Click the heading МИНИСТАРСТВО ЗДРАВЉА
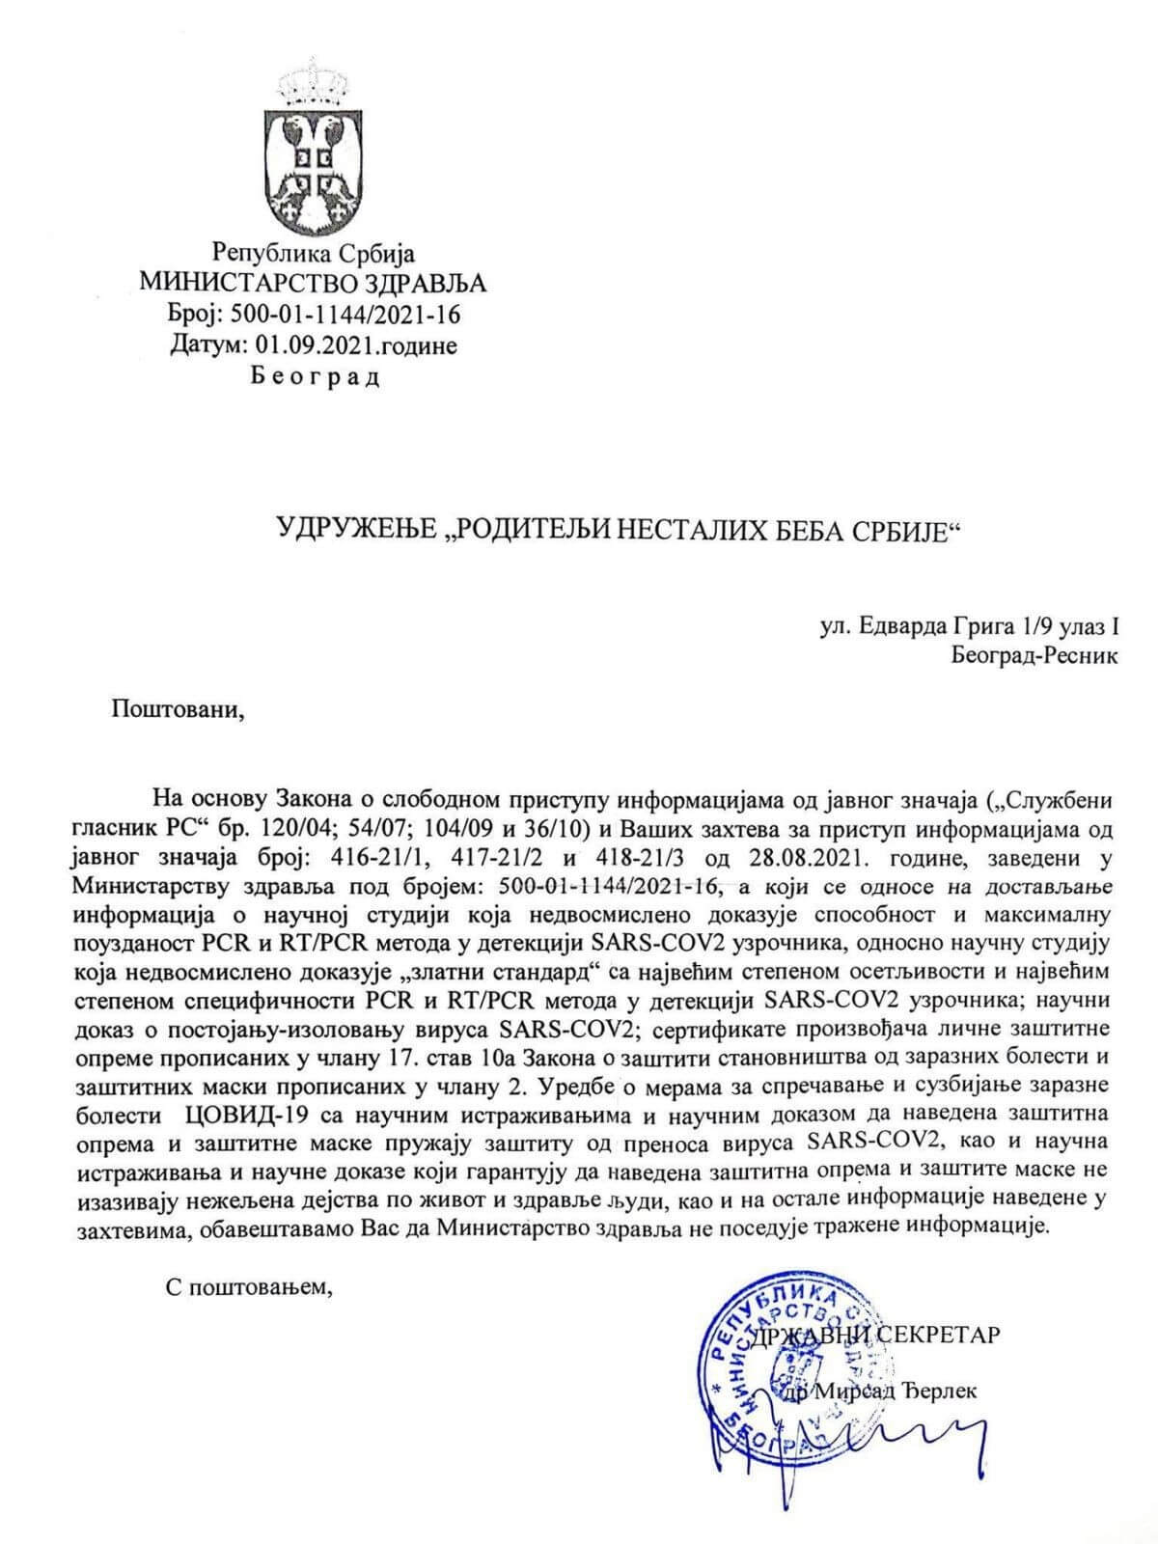tap(314, 282)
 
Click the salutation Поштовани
tap(173, 711)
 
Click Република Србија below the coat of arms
tap(314, 253)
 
